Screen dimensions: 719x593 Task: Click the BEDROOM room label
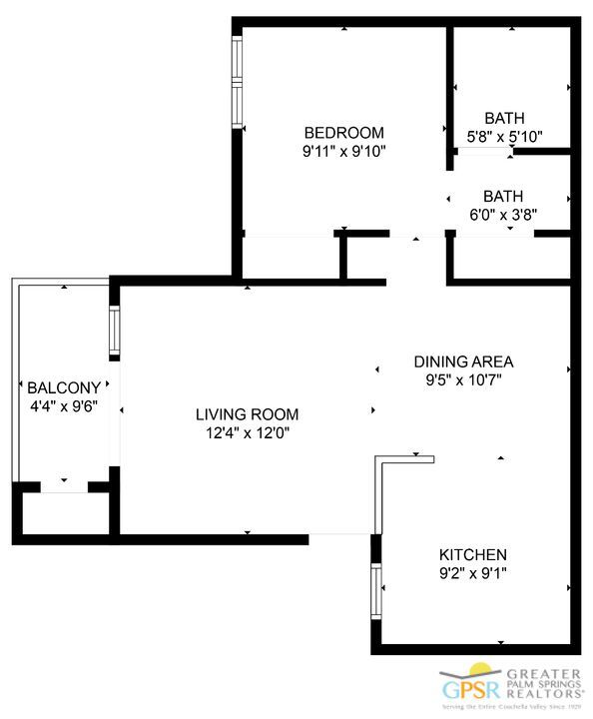pos(343,133)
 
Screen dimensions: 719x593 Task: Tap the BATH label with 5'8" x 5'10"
pos(504,118)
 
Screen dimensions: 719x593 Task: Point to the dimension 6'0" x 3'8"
pos(503,214)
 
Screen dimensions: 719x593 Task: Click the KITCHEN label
pos(473,555)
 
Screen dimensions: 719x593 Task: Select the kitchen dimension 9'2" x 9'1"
pos(473,573)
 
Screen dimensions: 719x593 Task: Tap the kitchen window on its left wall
pos(376,595)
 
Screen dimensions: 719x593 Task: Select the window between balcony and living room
pos(115,333)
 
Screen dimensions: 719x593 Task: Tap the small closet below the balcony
pos(65,513)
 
